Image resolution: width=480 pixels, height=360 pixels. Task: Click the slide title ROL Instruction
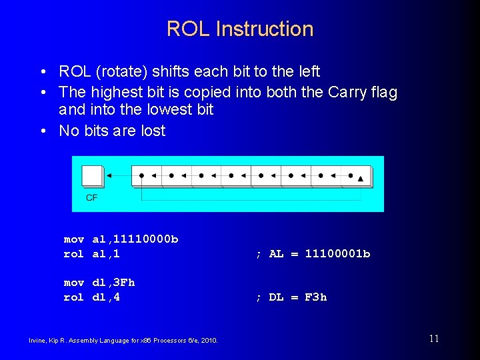click(239, 29)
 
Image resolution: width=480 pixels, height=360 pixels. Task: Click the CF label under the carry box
click(91, 198)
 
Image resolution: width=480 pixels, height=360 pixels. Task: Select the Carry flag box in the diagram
click(93, 176)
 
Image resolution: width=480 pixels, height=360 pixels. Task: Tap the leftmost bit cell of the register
click(147, 177)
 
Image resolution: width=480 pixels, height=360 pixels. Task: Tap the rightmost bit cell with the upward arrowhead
click(357, 177)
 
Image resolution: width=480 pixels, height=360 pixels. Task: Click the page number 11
click(434, 339)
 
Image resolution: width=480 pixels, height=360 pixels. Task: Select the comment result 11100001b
click(337, 253)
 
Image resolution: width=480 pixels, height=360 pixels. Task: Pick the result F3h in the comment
click(315, 297)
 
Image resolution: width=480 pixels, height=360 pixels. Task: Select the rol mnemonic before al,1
click(73, 253)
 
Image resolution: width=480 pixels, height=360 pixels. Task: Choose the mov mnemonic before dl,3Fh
click(73, 282)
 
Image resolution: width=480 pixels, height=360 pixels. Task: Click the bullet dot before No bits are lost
click(43, 131)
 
